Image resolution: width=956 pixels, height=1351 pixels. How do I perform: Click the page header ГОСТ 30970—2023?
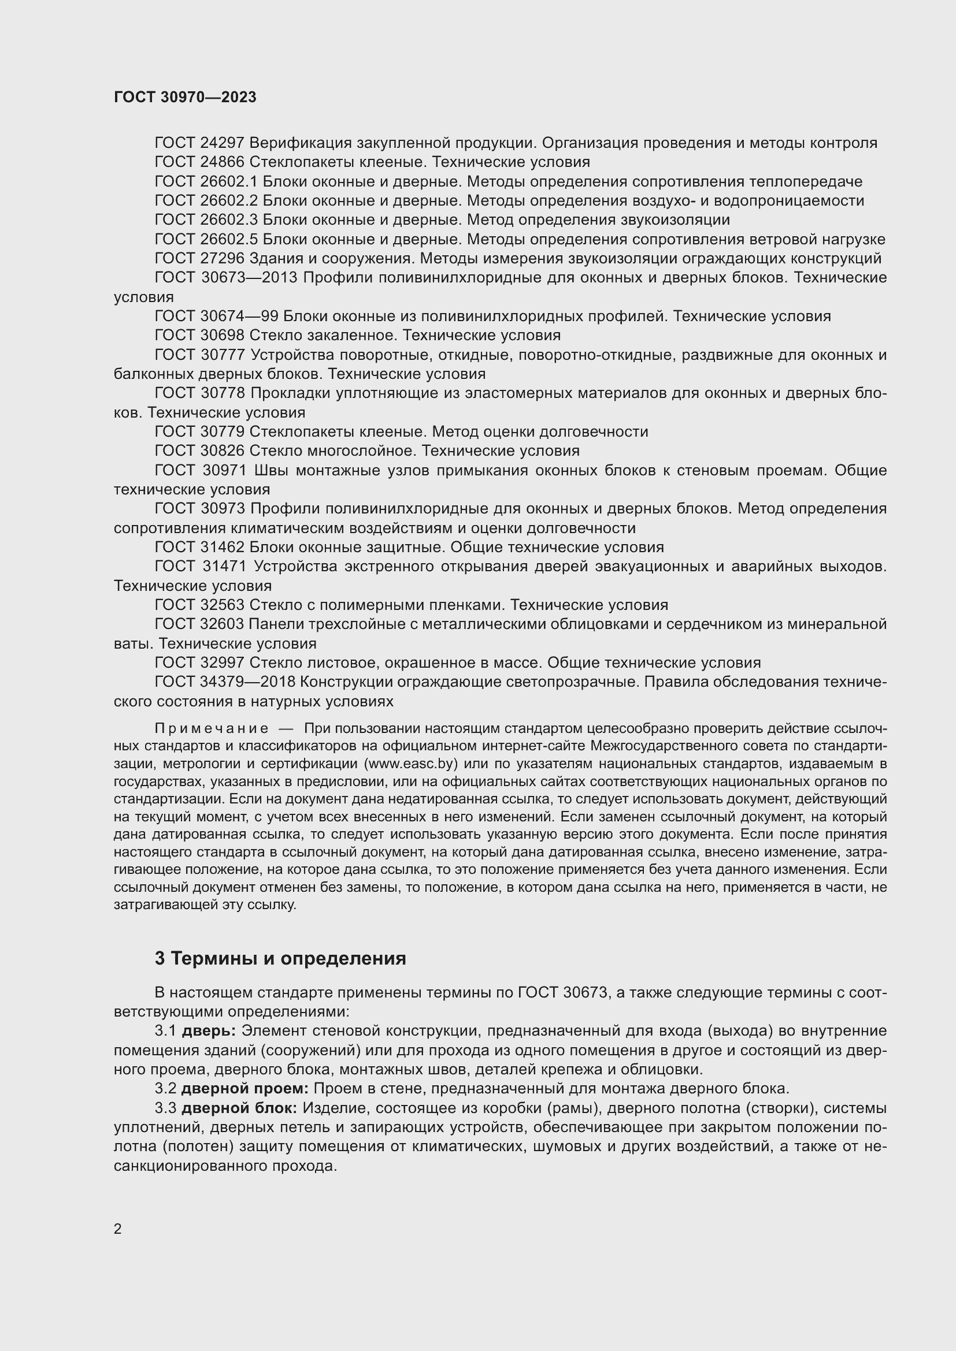point(185,98)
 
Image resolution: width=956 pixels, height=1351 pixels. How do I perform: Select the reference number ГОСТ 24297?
point(199,143)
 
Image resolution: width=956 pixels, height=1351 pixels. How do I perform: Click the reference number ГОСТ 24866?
point(199,162)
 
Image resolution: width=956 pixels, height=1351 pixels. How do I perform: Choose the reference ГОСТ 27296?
point(199,258)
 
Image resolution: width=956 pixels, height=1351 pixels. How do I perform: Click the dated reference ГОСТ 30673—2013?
point(226,278)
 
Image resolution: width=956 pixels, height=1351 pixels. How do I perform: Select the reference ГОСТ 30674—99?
point(216,317)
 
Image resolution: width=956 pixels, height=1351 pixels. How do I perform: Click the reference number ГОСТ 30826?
point(199,451)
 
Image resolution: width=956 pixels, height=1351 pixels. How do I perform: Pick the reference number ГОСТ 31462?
point(199,548)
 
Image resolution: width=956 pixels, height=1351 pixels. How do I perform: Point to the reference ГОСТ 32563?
point(199,605)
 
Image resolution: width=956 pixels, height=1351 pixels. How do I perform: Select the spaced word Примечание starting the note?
point(212,729)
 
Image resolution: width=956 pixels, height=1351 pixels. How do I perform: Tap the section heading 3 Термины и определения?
point(280,959)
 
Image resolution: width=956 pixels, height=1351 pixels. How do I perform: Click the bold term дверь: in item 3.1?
point(209,1031)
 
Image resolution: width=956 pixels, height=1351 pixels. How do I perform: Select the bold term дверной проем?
point(245,1089)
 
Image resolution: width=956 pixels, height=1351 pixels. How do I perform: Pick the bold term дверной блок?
point(239,1108)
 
